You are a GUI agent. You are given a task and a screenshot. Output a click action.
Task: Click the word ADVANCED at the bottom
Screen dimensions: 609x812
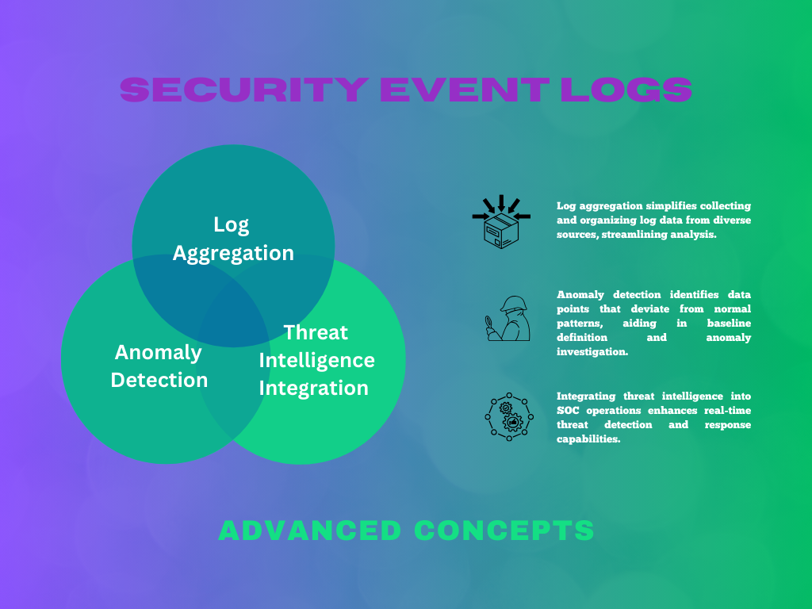(310, 530)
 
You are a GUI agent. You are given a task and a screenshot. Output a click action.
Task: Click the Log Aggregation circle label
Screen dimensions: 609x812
(233, 239)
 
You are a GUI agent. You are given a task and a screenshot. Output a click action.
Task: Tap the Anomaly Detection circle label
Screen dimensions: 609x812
(159, 366)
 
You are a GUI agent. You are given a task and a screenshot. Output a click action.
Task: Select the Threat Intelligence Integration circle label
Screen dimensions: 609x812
(316, 360)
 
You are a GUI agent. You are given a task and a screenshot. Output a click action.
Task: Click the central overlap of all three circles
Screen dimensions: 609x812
(233, 317)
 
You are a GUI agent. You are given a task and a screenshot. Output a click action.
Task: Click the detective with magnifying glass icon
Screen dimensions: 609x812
(507, 319)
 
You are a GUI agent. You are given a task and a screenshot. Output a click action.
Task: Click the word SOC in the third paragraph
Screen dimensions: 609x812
(569, 410)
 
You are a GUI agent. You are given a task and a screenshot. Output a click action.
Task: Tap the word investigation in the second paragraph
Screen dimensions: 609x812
(592, 352)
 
